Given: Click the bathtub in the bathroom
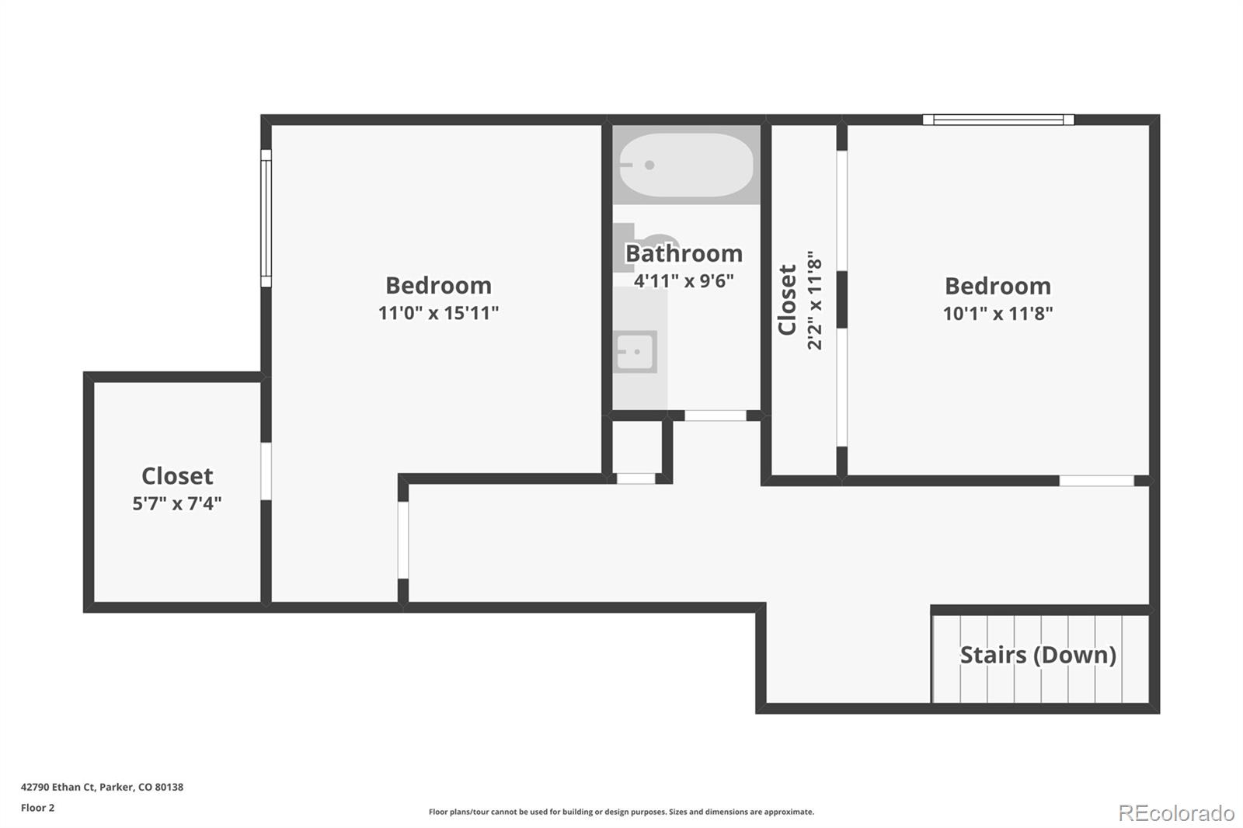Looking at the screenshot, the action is click(687, 165).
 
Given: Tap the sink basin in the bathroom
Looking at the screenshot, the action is click(635, 352).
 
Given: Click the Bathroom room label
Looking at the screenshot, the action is click(684, 254).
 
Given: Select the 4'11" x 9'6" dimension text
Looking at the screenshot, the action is click(684, 281).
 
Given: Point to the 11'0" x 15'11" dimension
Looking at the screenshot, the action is click(438, 313).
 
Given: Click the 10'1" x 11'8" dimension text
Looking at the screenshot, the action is click(998, 314).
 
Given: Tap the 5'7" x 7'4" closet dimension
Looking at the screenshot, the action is click(177, 503).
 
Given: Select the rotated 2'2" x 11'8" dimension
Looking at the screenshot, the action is click(814, 301).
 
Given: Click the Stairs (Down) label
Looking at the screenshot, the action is click(1038, 655).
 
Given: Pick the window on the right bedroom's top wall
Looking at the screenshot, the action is click(998, 120).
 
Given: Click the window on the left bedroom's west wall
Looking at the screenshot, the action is click(266, 218).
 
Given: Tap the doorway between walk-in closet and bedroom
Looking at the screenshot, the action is click(266, 471).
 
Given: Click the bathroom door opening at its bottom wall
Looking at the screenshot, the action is click(716, 416).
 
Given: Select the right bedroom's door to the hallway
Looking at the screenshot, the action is click(1096, 481).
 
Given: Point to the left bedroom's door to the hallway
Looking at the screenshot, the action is click(403, 540).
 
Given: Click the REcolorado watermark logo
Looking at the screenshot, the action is click(1176, 813).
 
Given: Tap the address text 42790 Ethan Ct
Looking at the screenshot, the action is click(57, 787).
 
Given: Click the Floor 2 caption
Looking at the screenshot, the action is click(38, 808).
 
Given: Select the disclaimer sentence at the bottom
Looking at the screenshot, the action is click(621, 812).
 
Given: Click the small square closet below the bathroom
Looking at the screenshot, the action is click(637, 447).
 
